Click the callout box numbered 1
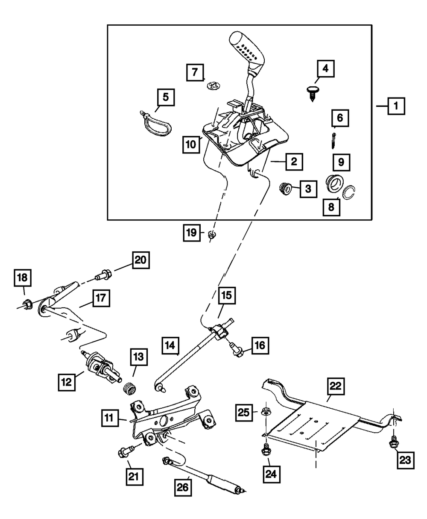396,105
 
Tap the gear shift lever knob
248,50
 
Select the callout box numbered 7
195,72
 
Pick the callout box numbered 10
190,144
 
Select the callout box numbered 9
341,162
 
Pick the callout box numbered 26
184,486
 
